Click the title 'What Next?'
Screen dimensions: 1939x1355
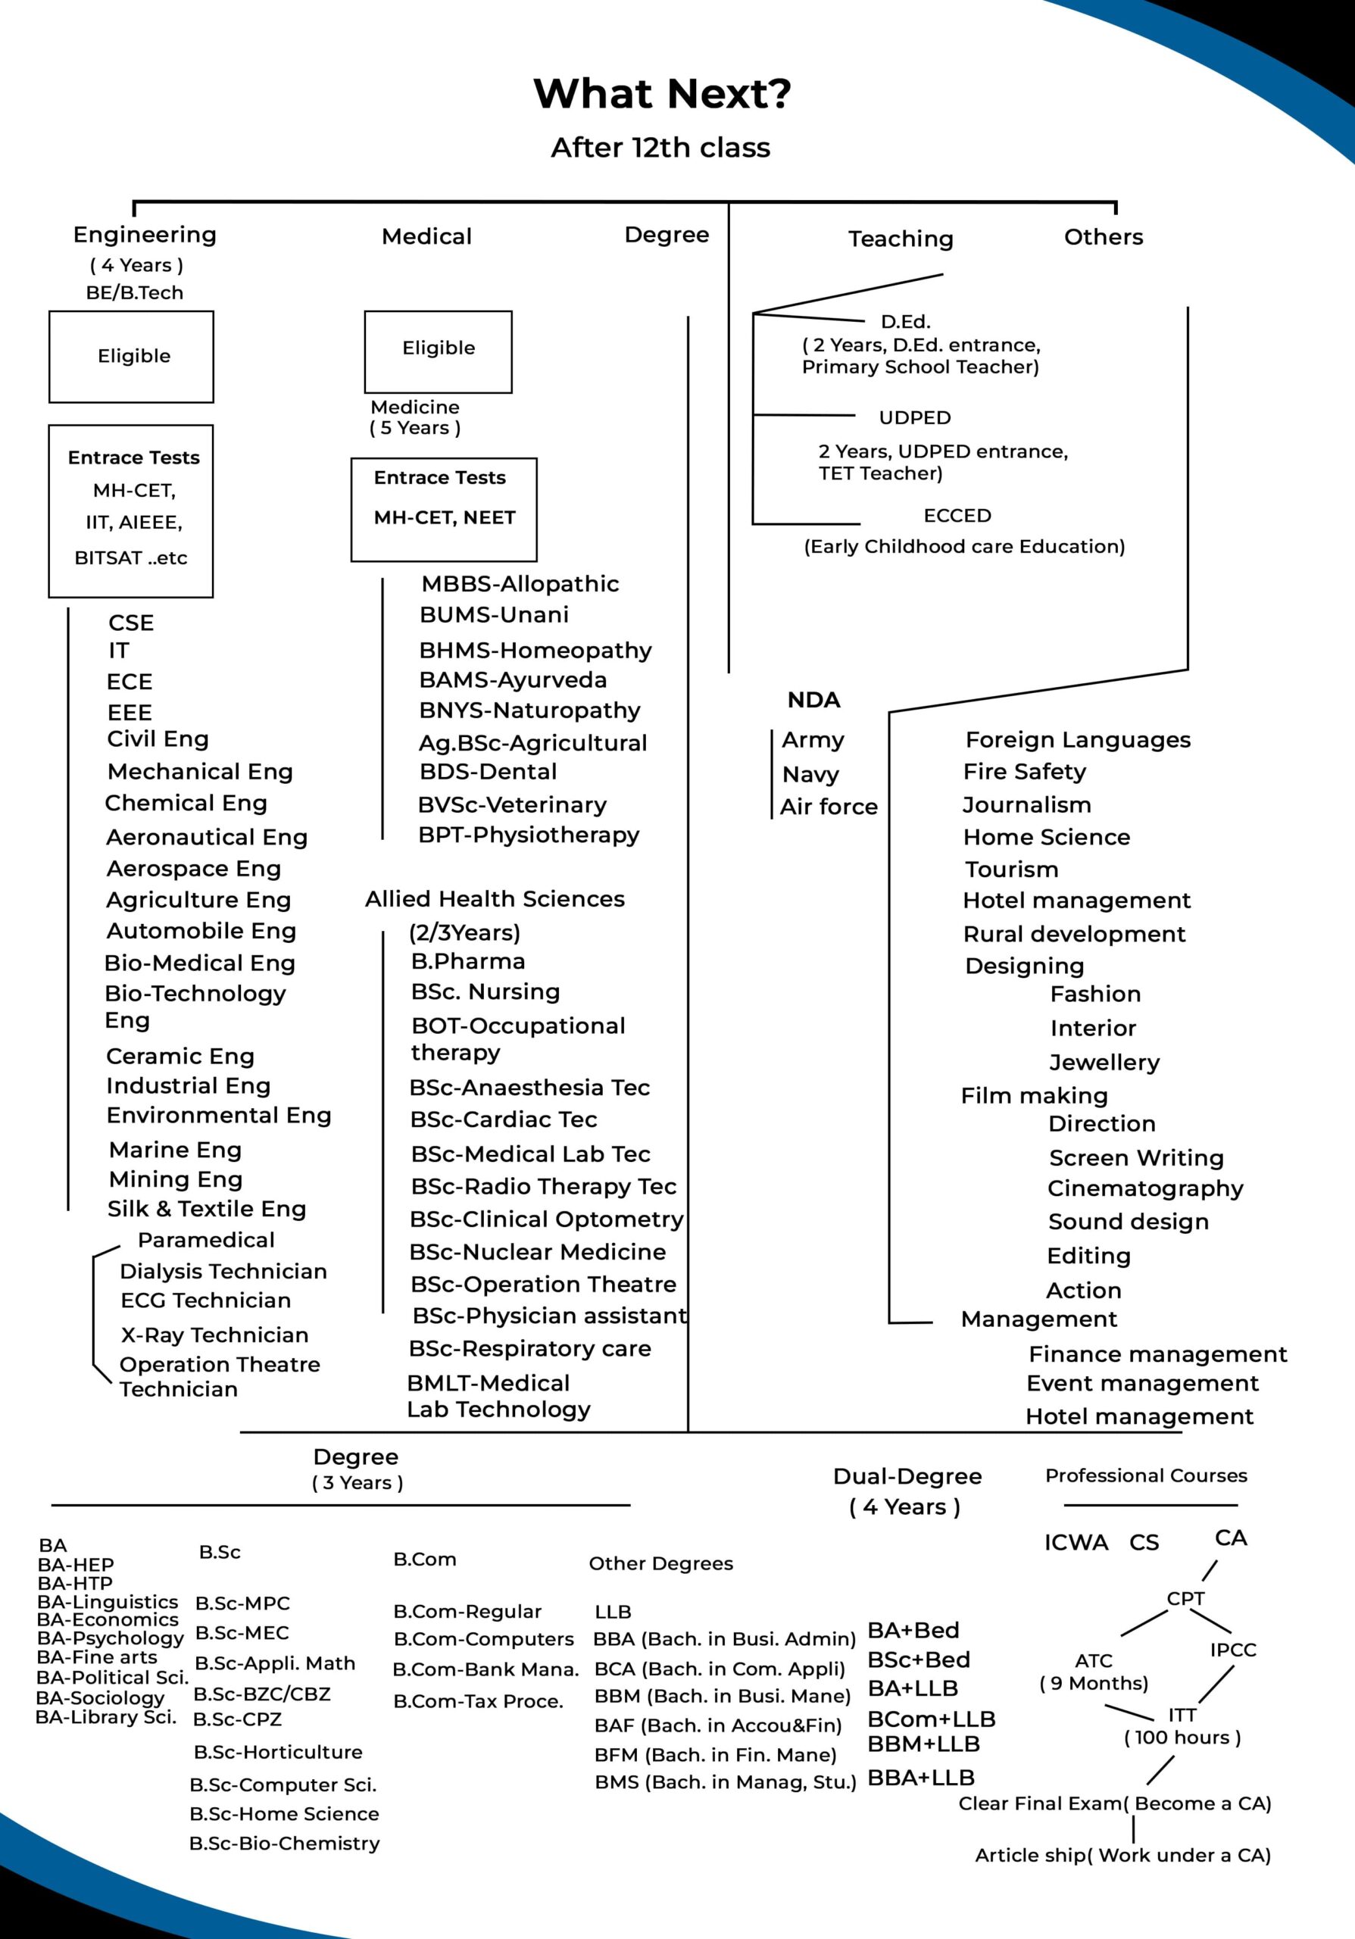(662, 94)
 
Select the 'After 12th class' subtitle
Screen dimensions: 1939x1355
(660, 148)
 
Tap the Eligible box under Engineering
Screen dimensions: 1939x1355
(132, 357)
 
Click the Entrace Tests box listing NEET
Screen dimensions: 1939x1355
(443, 509)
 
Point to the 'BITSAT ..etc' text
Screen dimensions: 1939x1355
(131, 558)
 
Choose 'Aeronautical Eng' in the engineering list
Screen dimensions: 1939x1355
(207, 837)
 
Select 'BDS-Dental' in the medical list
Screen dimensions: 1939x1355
(488, 772)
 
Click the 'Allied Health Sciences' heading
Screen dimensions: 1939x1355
(495, 898)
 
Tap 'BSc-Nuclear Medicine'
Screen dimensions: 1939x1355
(537, 1251)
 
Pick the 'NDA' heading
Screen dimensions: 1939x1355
(814, 700)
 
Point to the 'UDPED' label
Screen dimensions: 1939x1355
(914, 418)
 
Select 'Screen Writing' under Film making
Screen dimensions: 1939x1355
(1135, 1157)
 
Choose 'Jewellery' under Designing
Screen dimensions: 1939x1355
(1104, 1062)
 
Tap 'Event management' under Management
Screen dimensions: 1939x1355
(1142, 1383)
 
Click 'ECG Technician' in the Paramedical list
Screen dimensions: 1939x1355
(205, 1300)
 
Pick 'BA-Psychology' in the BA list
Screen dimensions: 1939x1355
(111, 1638)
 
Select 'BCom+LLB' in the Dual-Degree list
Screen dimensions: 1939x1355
(931, 1719)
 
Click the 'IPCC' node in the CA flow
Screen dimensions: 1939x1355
(1232, 1650)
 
